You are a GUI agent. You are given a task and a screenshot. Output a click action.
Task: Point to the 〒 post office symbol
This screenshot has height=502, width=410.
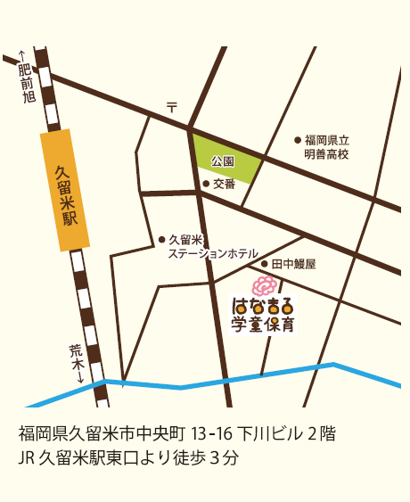tap(171, 107)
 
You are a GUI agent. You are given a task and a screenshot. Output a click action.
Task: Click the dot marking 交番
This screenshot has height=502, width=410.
tap(206, 184)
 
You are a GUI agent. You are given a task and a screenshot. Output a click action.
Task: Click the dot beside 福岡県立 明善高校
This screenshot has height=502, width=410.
tap(298, 140)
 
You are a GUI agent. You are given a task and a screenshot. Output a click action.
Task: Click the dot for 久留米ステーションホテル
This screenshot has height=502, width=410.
tap(161, 239)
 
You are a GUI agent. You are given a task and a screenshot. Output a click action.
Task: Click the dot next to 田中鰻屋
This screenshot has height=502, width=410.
tap(265, 264)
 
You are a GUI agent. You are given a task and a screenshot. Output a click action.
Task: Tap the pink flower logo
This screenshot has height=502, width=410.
tap(262, 286)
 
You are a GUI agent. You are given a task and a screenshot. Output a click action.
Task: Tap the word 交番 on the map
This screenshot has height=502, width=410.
tap(225, 184)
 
